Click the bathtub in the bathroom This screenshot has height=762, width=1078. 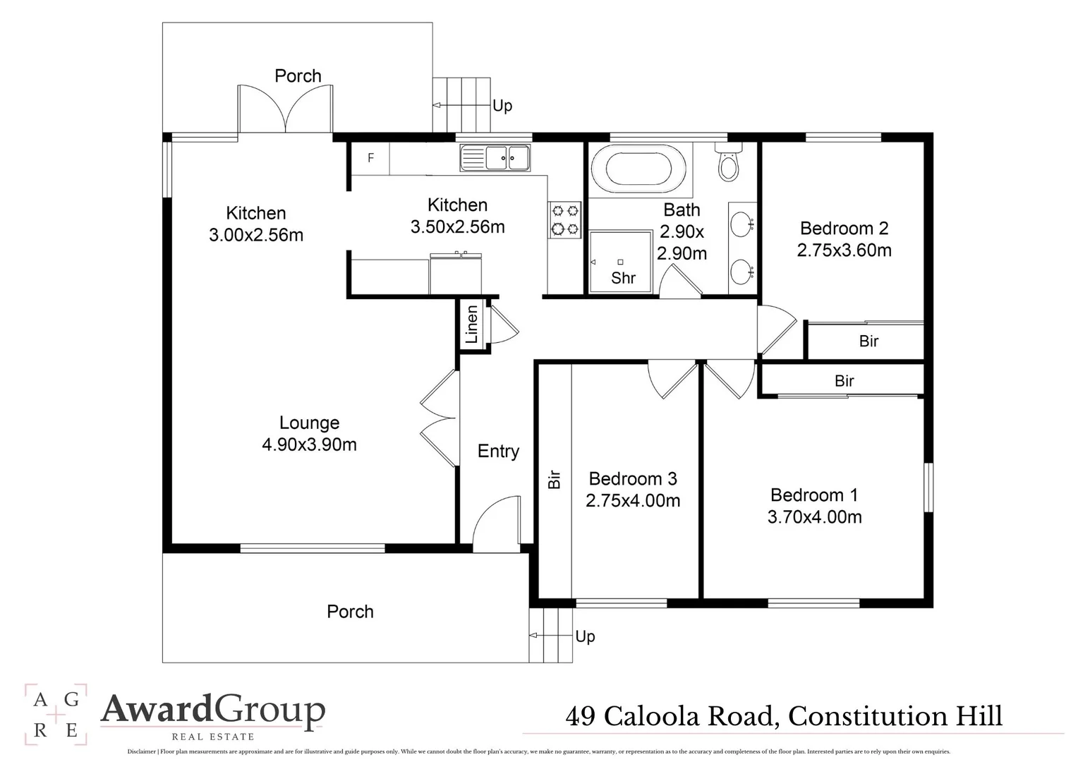[x=638, y=169]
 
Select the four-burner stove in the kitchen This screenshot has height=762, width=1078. [x=564, y=219]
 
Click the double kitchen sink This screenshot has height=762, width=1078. [x=495, y=157]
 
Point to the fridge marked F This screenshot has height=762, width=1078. [x=371, y=158]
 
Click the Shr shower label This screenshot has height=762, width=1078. [x=623, y=278]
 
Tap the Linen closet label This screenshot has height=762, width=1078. [x=472, y=325]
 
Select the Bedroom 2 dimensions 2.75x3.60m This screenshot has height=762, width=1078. [x=844, y=250]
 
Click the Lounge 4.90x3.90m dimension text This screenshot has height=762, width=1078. [x=309, y=445]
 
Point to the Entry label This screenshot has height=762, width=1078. [x=498, y=452]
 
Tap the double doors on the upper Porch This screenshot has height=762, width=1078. [x=286, y=109]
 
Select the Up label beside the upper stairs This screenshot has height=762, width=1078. [x=502, y=106]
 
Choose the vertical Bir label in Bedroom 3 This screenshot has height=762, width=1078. [x=555, y=480]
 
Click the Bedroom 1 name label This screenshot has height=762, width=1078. [x=814, y=495]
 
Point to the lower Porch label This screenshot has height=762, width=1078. [x=350, y=612]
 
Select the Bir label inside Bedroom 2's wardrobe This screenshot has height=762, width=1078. [x=868, y=341]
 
